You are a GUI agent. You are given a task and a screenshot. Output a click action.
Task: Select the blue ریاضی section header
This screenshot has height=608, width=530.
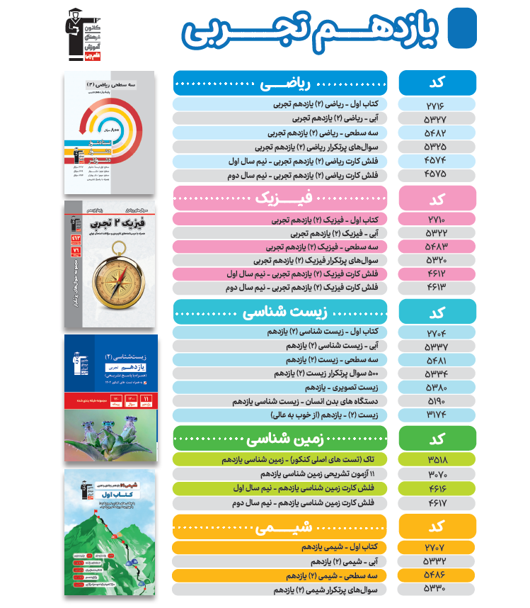(280, 84)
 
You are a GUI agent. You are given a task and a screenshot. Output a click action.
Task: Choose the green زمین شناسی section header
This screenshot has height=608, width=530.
(280, 438)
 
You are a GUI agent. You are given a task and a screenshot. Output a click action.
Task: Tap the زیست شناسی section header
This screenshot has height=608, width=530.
(280, 312)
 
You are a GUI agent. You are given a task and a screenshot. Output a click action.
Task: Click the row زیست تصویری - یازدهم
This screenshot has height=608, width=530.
(280, 388)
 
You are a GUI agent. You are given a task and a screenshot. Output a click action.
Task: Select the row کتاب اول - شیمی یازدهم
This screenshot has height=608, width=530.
(280, 548)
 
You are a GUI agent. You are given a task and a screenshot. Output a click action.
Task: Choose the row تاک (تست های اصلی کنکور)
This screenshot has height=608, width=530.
(280, 459)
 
